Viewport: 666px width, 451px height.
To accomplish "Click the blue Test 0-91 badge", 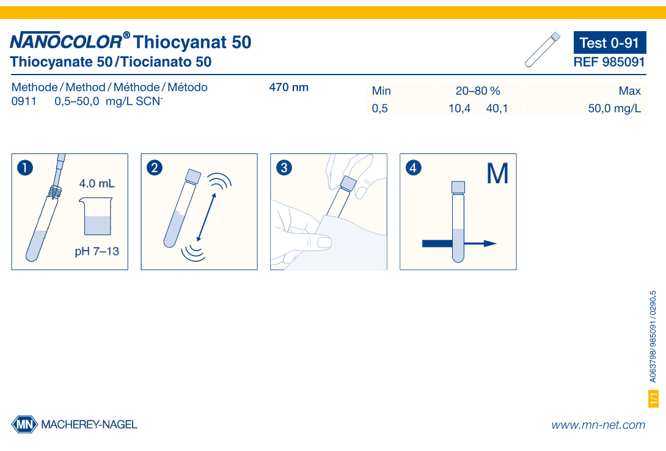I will [609, 43].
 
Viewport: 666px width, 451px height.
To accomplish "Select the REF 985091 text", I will [609, 62].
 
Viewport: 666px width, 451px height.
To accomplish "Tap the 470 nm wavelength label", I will [289, 87].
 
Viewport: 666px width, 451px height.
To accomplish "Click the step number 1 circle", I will [25, 167].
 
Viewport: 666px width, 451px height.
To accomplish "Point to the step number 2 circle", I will [155, 167].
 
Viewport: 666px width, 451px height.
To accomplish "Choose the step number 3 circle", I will [284, 167].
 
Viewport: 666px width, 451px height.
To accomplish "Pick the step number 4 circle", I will [414, 167].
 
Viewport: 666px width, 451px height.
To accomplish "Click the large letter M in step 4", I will [497, 174].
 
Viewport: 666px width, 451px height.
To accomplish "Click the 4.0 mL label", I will [97, 183].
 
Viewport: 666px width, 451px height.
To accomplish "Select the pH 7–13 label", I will [97, 251].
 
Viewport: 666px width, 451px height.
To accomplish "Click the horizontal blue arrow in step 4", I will [458, 243].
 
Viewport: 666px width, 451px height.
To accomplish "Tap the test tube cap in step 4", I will [458, 186].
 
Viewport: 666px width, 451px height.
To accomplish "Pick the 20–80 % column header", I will [478, 91].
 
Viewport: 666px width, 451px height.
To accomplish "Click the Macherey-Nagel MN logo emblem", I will [24, 424].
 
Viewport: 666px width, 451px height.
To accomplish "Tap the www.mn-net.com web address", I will [598, 425].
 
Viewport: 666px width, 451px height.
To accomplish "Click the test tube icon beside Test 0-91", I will [542, 49].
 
